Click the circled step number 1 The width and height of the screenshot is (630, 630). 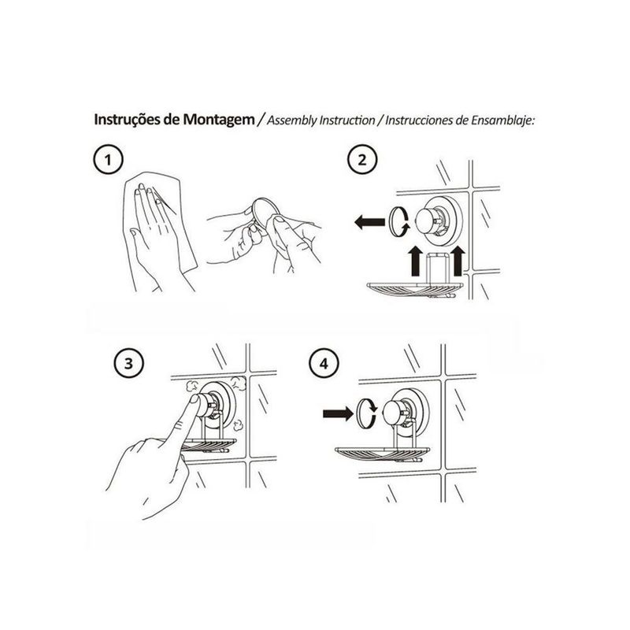tap(108, 160)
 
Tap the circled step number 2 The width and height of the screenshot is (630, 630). tap(362, 160)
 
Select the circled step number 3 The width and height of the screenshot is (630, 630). tap(128, 364)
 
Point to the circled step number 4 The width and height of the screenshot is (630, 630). tap(324, 364)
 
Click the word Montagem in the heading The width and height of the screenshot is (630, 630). tap(219, 120)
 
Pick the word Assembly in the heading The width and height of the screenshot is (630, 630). tap(292, 120)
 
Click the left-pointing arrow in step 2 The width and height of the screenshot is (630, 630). tap(369, 221)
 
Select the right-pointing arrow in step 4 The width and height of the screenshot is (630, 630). tap(339, 413)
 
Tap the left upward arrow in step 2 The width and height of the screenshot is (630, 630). tap(416, 261)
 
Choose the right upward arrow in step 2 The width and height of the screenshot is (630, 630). tap(458, 261)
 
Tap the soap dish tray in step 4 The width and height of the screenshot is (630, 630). tap(382, 454)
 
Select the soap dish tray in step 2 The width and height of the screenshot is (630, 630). tap(416, 290)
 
